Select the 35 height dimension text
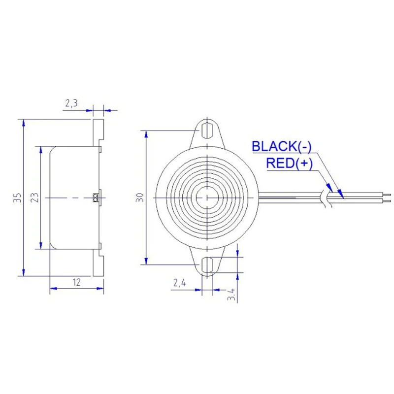pyautogui.click(x=17, y=197)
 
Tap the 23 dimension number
pyautogui.click(x=34, y=197)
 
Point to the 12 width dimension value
pyautogui.click(x=76, y=282)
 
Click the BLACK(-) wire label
pyautogui.click(x=282, y=146)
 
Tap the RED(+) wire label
pyautogui.click(x=289, y=164)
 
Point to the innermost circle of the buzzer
pyautogui.click(x=207, y=197)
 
